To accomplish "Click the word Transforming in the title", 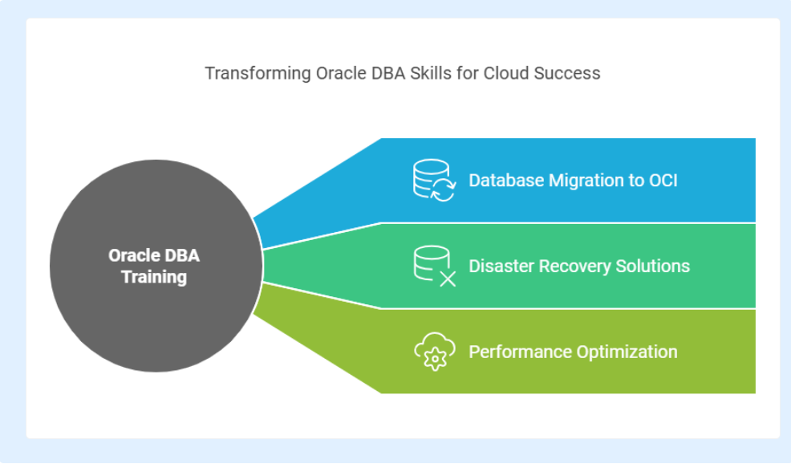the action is [258, 74].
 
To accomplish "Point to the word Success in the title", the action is [567, 73].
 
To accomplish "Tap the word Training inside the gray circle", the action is [154, 277].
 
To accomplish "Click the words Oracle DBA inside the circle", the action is [154, 255].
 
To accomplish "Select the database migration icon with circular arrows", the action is [434, 181].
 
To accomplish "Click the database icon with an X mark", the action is [434, 266].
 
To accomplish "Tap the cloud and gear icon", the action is [434, 352].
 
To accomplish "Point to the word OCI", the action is [663, 181].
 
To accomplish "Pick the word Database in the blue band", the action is [506, 181].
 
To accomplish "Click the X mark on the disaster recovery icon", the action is [448, 279].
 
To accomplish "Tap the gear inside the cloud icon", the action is [434, 360].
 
